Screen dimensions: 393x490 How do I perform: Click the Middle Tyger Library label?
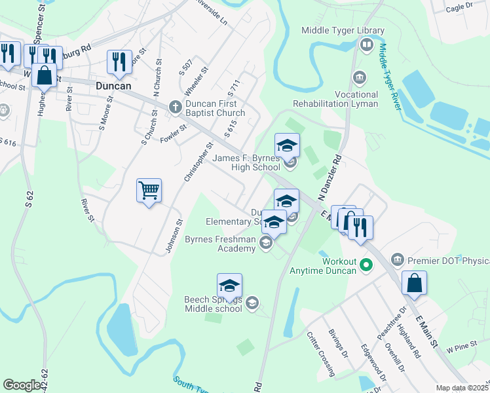pos(343,30)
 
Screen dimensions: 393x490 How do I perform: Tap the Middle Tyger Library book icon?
pos(367,45)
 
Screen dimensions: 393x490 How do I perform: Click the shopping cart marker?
pos(149,191)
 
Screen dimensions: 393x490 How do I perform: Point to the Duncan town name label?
pos(113,86)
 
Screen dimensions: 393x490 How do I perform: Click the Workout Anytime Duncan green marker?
pos(366,265)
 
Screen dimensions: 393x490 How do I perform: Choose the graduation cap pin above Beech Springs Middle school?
pos(230,286)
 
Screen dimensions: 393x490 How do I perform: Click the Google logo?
pos(22,385)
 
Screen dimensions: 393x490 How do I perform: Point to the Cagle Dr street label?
pos(459,7)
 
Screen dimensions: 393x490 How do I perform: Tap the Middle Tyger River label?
pos(390,77)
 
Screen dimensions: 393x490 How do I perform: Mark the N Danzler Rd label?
pos(331,178)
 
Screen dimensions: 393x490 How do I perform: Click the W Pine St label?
pos(462,345)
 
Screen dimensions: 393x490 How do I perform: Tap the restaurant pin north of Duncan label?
pos(119,62)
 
